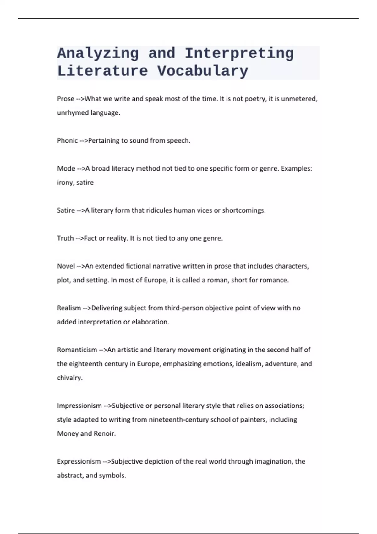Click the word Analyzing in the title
(x=98, y=53)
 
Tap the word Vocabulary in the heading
(x=203, y=71)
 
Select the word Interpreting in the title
(x=239, y=53)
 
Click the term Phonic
(x=67, y=140)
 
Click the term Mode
(x=66, y=168)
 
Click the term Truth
(x=65, y=238)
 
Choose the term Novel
(x=66, y=266)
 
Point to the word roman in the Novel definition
(x=217, y=280)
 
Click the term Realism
(x=69, y=308)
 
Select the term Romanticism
(x=77, y=350)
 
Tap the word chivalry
(x=69, y=378)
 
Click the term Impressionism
(x=79, y=406)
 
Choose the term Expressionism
(x=79, y=461)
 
